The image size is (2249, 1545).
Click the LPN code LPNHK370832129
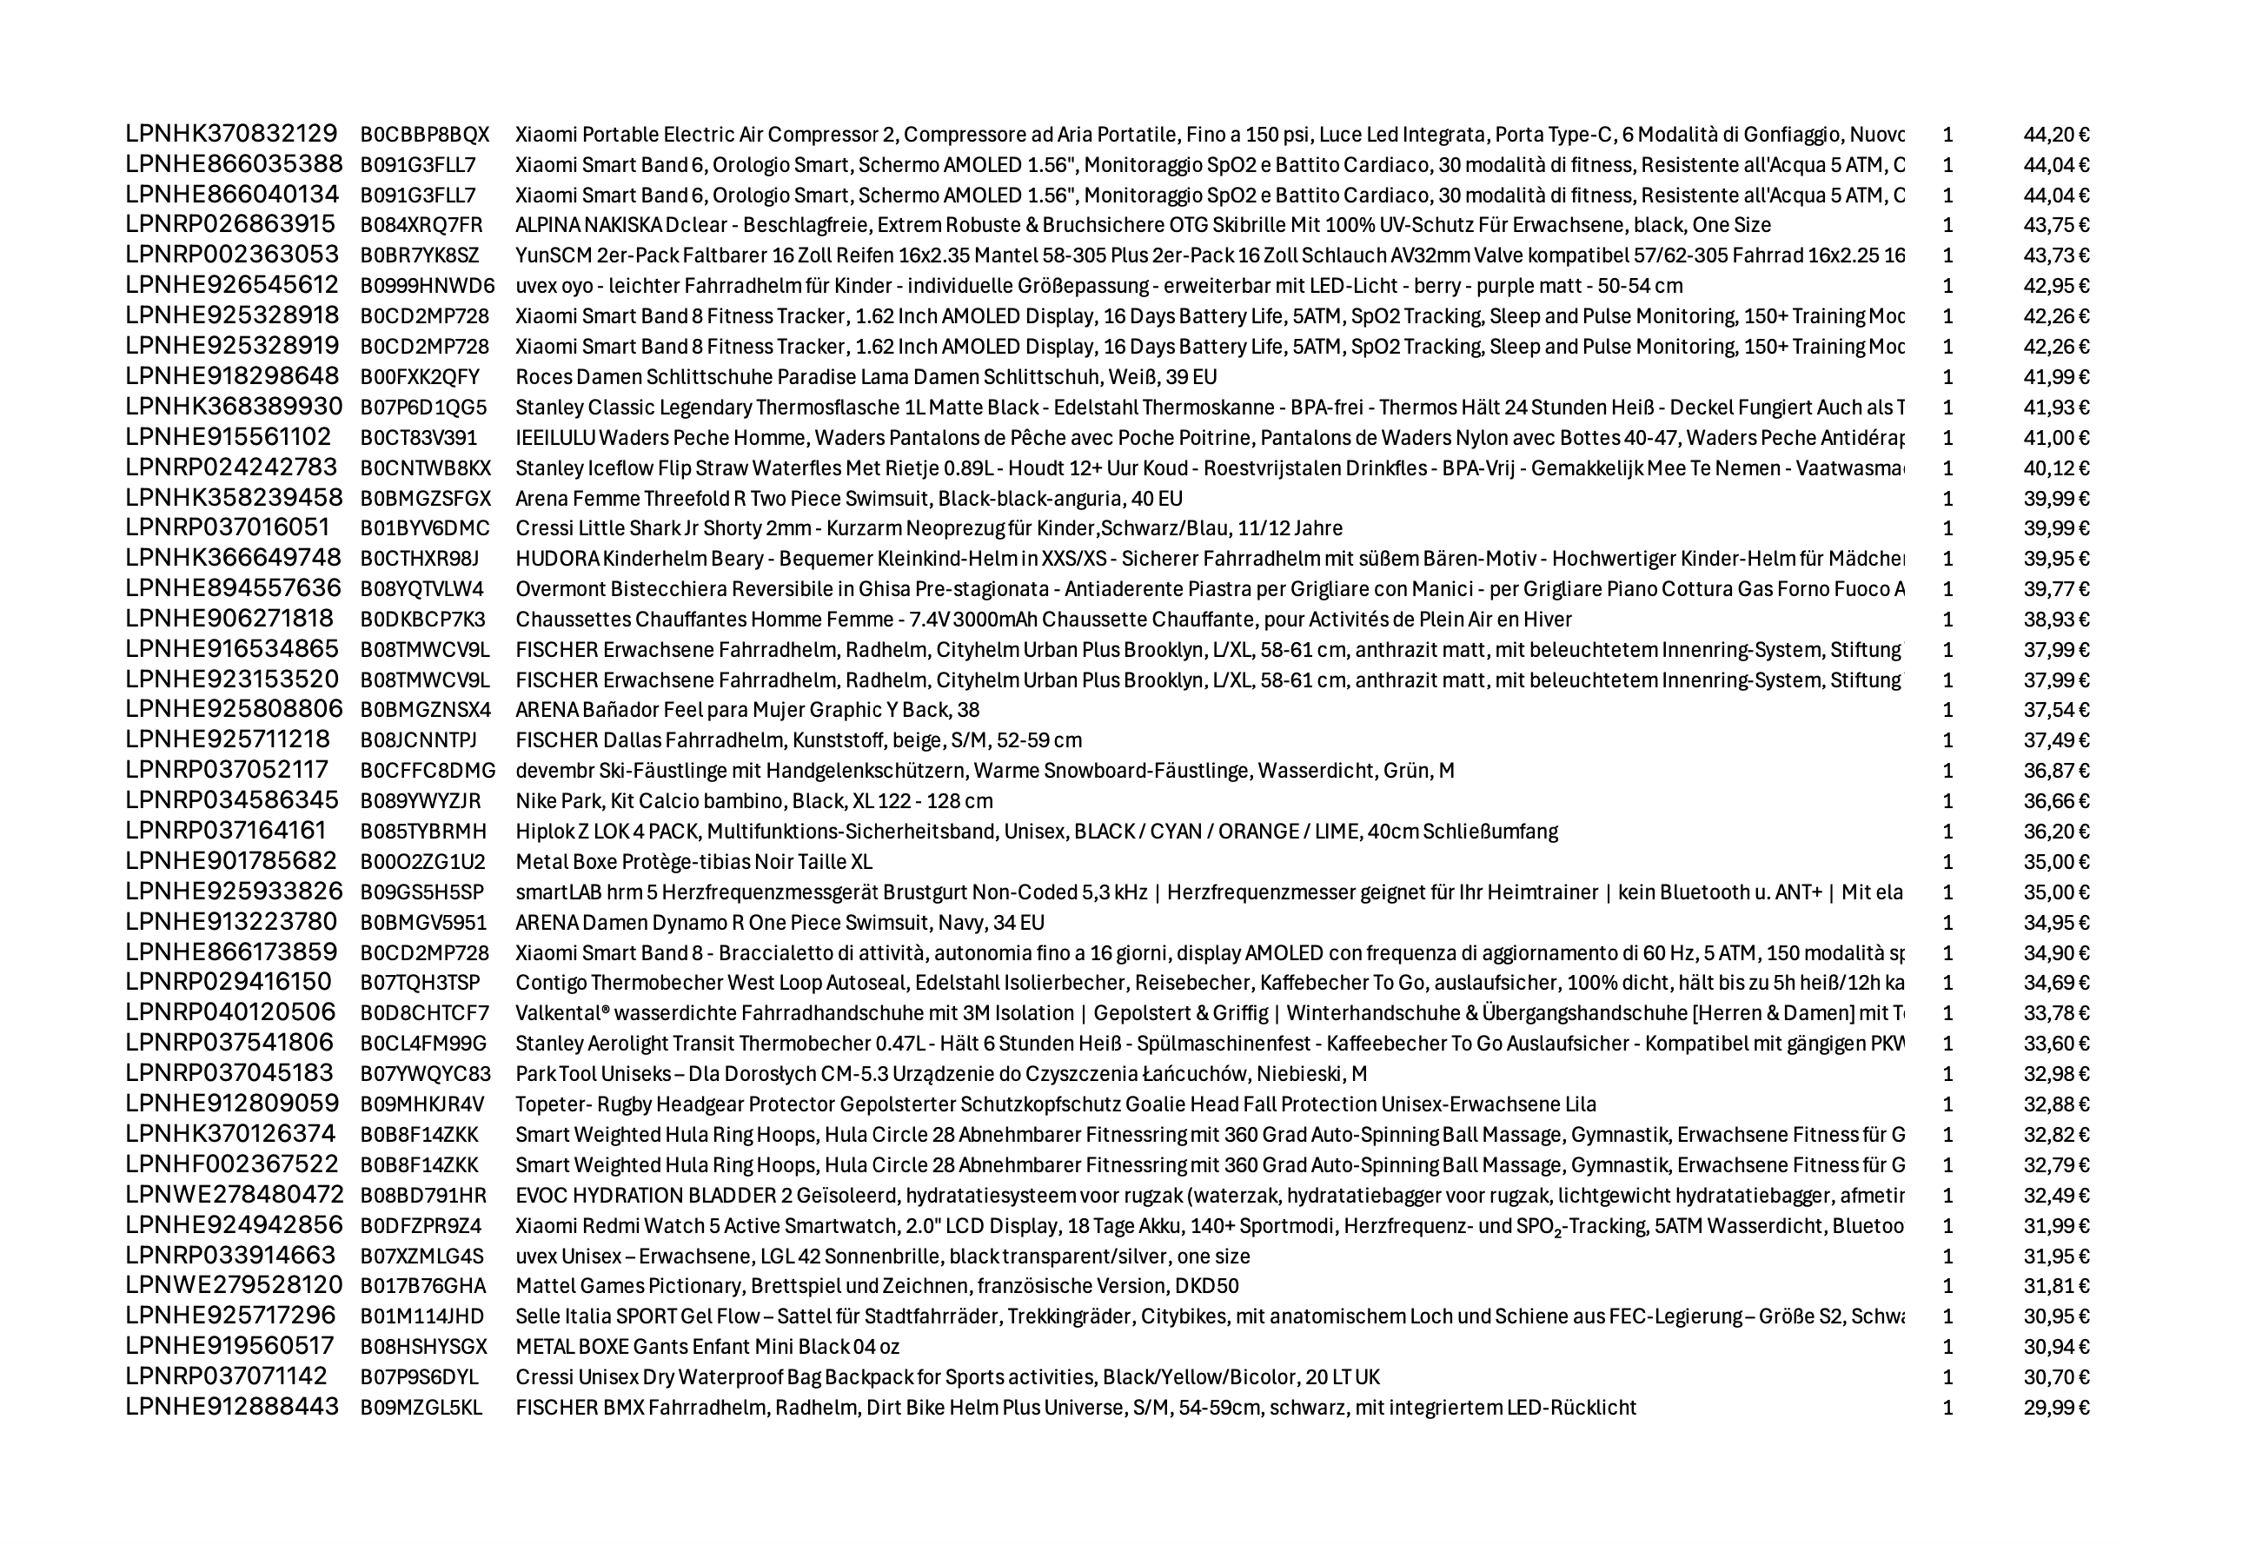(231, 134)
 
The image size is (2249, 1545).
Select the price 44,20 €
(2055, 135)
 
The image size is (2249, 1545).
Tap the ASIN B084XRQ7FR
(421, 226)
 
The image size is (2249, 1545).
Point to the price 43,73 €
(2055, 255)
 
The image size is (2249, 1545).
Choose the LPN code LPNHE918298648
(232, 375)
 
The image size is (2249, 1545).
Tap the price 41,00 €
(2055, 438)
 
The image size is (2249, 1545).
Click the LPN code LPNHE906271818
(229, 619)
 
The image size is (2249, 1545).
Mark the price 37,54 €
(2055, 710)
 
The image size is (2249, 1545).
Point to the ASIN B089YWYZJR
(421, 800)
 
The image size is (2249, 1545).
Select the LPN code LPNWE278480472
(235, 1195)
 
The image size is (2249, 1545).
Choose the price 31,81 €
(2055, 1285)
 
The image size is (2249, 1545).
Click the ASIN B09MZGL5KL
(421, 1408)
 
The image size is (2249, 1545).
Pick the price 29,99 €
(2055, 1408)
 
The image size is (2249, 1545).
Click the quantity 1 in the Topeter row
(1948, 1104)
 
